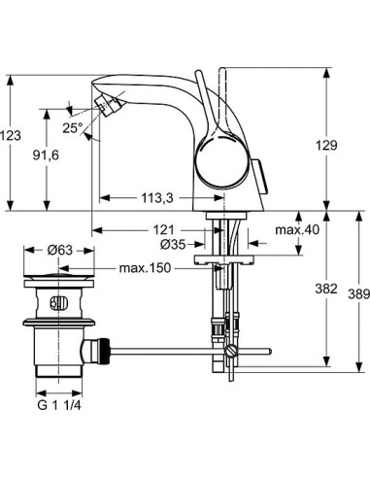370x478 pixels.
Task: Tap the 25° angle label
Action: (71, 127)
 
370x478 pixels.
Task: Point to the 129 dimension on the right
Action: (327, 145)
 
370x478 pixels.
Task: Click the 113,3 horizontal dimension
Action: (157, 198)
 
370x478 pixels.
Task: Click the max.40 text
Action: (296, 229)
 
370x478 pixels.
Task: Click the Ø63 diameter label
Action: (61, 251)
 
